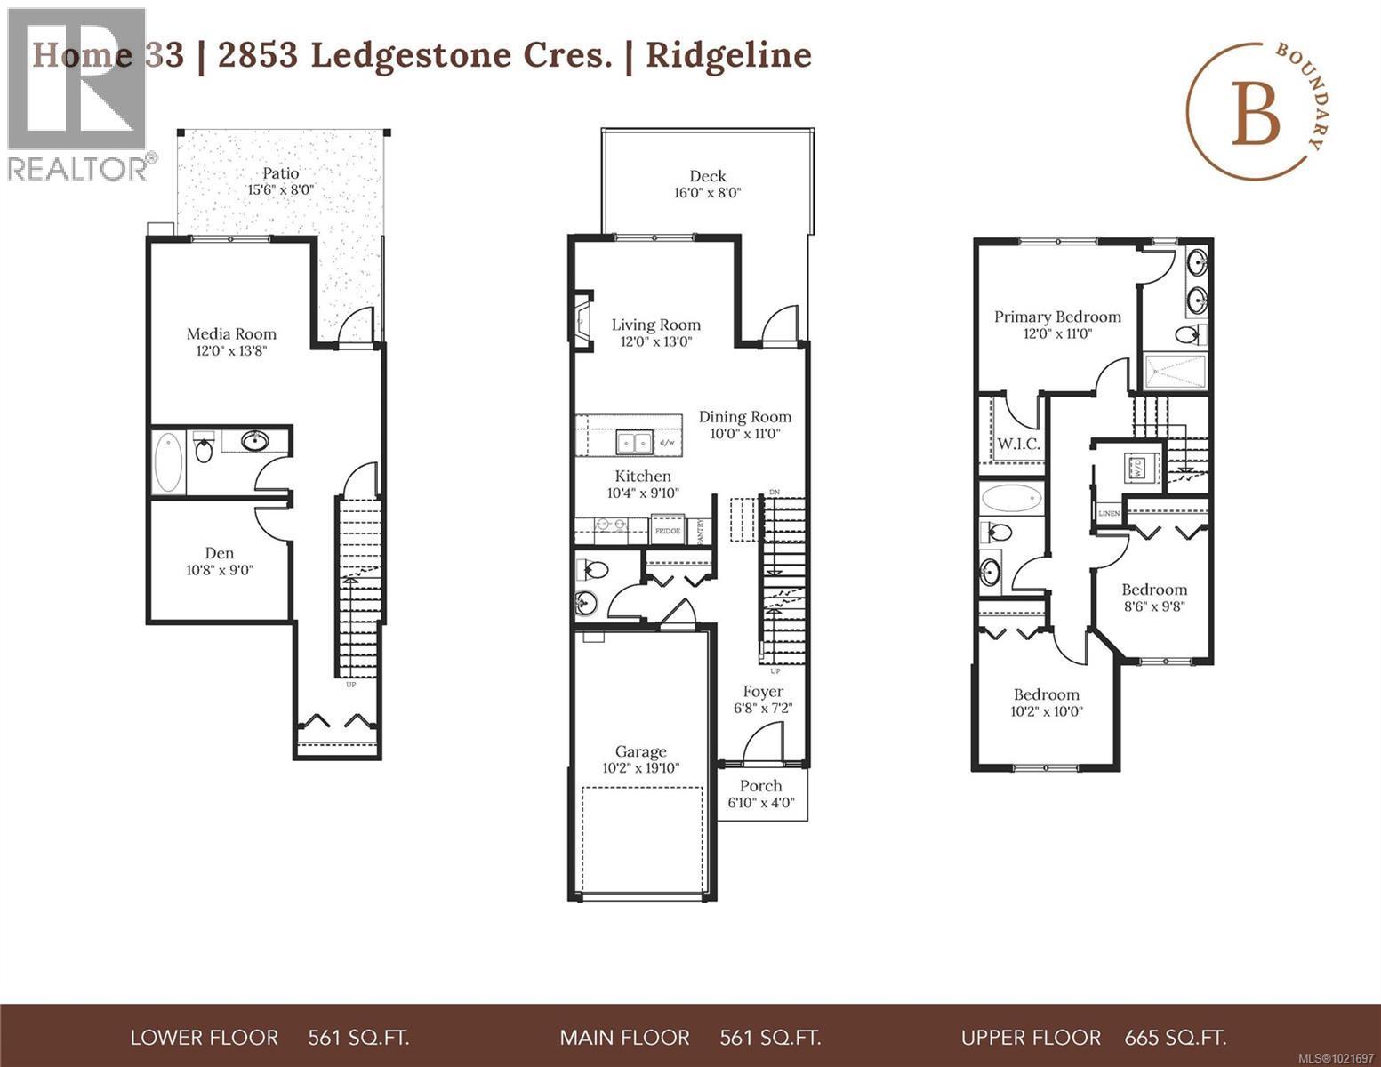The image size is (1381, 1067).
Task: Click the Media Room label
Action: tap(231, 334)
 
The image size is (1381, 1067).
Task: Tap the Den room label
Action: tap(220, 553)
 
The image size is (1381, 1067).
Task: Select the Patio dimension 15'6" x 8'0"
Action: tap(280, 190)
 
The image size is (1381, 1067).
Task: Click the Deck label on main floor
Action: tap(707, 176)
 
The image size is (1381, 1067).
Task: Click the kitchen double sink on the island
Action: tap(636, 442)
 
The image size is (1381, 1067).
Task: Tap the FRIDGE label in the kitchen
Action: tap(668, 531)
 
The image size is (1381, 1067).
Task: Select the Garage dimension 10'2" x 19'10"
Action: tap(640, 768)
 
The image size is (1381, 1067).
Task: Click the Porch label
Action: tap(760, 786)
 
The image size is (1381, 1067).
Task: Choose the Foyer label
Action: tap(763, 692)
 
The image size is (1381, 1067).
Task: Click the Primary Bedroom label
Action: tap(1057, 317)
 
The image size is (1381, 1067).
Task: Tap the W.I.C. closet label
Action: tap(1018, 444)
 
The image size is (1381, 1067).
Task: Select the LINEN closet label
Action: tap(1109, 514)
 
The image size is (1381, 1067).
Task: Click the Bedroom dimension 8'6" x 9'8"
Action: tap(1153, 607)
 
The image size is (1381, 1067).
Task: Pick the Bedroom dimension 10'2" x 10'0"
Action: tap(1047, 711)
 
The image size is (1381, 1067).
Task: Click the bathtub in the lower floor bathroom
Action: tap(167, 462)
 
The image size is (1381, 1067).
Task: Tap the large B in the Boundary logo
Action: tap(1256, 119)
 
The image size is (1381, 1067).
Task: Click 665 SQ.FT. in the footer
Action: tap(1175, 1038)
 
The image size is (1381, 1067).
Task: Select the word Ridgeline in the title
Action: tap(728, 55)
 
